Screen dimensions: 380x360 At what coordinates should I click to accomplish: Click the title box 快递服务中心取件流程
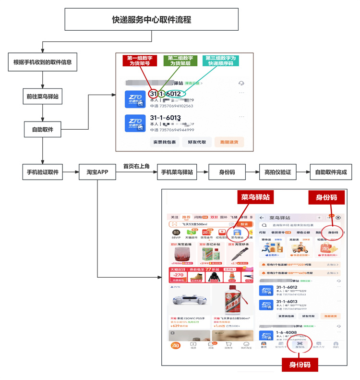(x=151, y=20)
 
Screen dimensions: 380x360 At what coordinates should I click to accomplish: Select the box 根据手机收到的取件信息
(x=42, y=61)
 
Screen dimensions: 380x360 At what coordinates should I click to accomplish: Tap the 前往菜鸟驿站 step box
(x=42, y=96)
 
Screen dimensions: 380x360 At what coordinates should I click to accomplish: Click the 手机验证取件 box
(x=42, y=172)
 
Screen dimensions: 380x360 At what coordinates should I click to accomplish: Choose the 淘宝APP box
(x=97, y=172)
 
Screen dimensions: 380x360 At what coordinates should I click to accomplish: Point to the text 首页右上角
(x=136, y=166)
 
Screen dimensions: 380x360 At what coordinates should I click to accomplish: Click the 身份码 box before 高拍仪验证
(x=227, y=172)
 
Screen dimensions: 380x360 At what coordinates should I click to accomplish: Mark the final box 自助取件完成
(x=331, y=172)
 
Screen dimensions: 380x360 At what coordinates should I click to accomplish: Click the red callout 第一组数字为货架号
(x=139, y=61)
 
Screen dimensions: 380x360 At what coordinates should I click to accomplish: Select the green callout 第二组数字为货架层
(x=180, y=61)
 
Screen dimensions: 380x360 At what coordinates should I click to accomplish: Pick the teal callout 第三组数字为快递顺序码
(x=221, y=61)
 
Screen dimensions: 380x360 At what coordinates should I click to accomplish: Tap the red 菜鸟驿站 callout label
(x=254, y=197)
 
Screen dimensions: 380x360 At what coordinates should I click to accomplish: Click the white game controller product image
(x=188, y=300)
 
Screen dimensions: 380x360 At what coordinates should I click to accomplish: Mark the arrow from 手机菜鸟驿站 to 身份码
(x=203, y=172)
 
